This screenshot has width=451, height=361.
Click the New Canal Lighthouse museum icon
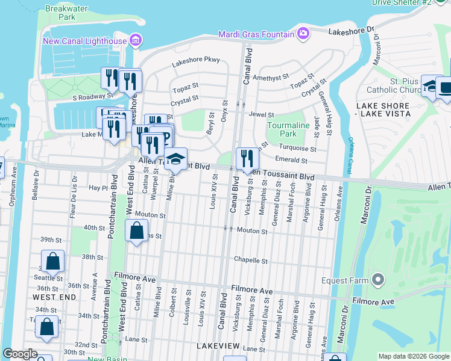click(x=136, y=41)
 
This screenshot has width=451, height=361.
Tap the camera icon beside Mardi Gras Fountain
click(x=303, y=33)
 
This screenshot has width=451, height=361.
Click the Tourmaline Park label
click(x=282, y=129)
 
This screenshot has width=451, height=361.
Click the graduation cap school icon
click(x=176, y=159)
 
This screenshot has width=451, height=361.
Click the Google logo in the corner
click(x=20, y=354)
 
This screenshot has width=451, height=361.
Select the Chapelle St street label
click(x=251, y=261)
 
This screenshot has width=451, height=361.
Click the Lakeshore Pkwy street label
click(x=196, y=60)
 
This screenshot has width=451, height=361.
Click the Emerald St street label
click(x=291, y=161)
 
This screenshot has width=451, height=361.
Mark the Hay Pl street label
click(x=97, y=188)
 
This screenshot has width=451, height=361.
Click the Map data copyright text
click(x=414, y=356)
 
